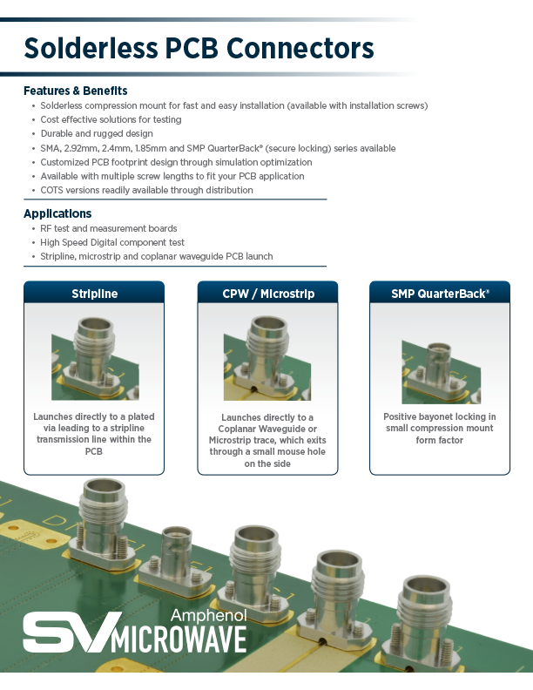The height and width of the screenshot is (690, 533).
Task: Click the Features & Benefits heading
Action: [75, 91]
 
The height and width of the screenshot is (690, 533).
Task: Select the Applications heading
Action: [57, 213]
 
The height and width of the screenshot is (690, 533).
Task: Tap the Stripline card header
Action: [94, 294]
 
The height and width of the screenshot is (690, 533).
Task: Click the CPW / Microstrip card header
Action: [267, 294]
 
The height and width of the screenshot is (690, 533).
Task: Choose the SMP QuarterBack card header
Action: [440, 294]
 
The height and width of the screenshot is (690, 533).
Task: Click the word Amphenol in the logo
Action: [208, 615]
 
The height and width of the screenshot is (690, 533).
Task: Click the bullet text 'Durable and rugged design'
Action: [97, 134]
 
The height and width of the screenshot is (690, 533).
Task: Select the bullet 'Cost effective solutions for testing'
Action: [111, 120]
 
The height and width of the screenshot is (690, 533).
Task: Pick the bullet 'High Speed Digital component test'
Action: [112, 242]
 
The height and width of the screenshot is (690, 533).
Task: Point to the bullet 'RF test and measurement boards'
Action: [108, 228]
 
